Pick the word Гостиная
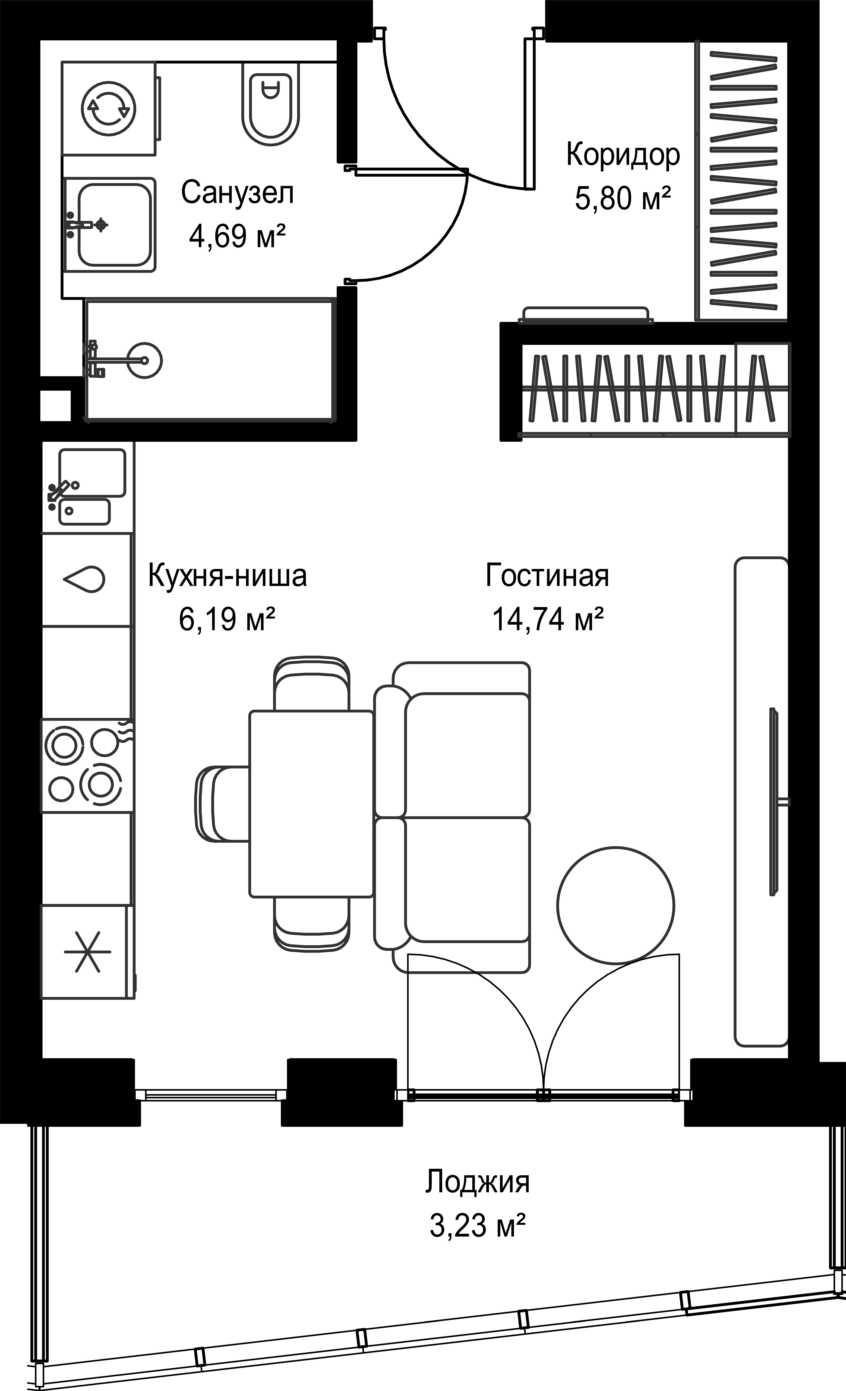point(547,576)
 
